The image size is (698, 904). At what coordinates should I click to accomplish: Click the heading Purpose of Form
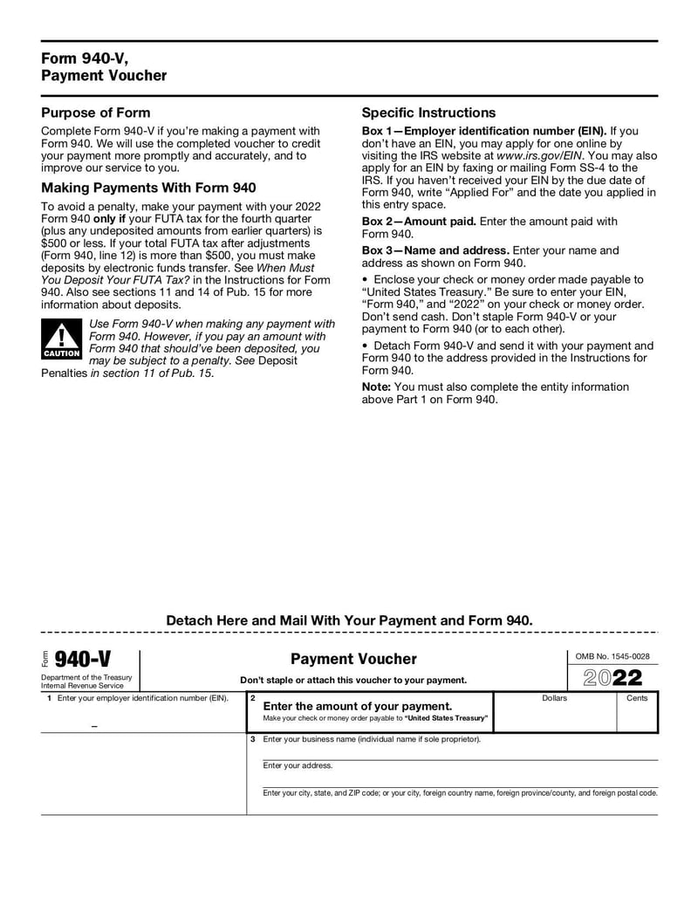[96, 113]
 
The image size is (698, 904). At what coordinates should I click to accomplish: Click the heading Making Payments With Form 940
[149, 188]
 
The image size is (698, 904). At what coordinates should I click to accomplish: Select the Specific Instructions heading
[428, 113]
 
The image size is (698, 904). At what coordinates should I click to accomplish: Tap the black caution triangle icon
[61, 339]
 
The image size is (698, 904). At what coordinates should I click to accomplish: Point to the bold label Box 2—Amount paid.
[419, 222]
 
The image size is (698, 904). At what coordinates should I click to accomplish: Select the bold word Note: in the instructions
[376, 387]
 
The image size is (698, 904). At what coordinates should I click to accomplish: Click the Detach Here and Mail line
[349, 620]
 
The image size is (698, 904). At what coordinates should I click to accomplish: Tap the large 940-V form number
[82, 659]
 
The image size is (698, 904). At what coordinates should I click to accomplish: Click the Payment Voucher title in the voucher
[353, 659]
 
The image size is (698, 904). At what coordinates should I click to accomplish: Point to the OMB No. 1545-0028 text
[612, 656]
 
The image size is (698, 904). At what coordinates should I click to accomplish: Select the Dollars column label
[554, 698]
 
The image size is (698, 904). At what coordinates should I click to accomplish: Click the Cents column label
[637, 698]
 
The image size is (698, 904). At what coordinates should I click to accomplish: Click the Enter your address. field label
[298, 765]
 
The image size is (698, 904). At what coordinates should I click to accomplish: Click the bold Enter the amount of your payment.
[358, 705]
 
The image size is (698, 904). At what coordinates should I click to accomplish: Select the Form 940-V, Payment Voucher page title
[104, 67]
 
